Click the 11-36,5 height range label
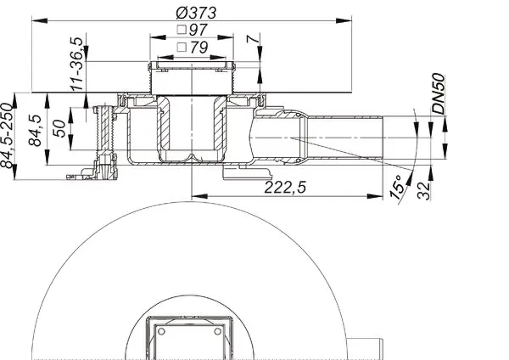(x=77, y=63)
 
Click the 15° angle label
(x=395, y=189)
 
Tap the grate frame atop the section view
(x=191, y=66)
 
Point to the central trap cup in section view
(x=191, y=132)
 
